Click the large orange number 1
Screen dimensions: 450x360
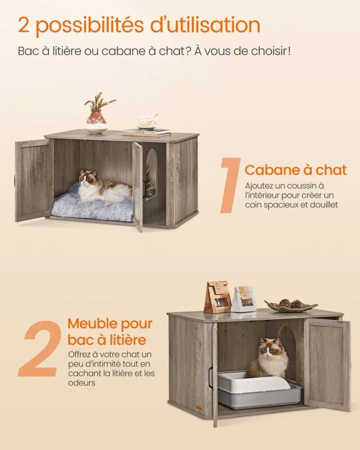230,185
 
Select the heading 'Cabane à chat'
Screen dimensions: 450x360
295,170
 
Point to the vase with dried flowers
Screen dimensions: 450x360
96,119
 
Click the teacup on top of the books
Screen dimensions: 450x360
147,121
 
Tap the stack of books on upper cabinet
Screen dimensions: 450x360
146,132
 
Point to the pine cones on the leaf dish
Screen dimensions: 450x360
290,303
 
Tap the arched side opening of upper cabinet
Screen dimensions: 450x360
151,174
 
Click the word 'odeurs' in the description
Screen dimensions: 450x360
82,383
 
